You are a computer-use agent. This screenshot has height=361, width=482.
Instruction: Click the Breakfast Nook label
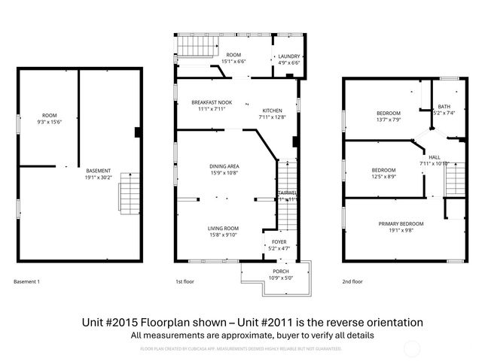tap(212, 102)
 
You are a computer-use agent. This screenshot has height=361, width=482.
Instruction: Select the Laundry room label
tap(289, 56)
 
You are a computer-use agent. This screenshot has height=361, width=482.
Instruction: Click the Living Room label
tap(224, 228)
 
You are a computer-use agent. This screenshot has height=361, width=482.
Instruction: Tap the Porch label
tap(280, 272)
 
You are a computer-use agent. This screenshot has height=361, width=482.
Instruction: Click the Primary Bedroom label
tap(401, 223)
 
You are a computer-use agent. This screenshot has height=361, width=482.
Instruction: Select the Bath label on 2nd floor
tap(444, 107)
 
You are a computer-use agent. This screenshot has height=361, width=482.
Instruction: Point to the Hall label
tap(435, 156)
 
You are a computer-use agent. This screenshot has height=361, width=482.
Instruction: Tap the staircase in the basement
tap(130, 193)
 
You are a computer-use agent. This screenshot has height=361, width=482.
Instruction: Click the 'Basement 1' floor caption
tap(27, 282)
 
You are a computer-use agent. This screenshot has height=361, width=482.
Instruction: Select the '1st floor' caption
tap(185, 282)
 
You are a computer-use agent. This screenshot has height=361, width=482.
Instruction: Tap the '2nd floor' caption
tap(352, 282)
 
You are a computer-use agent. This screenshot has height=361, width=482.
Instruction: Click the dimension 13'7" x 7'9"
tap(389, 120)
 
